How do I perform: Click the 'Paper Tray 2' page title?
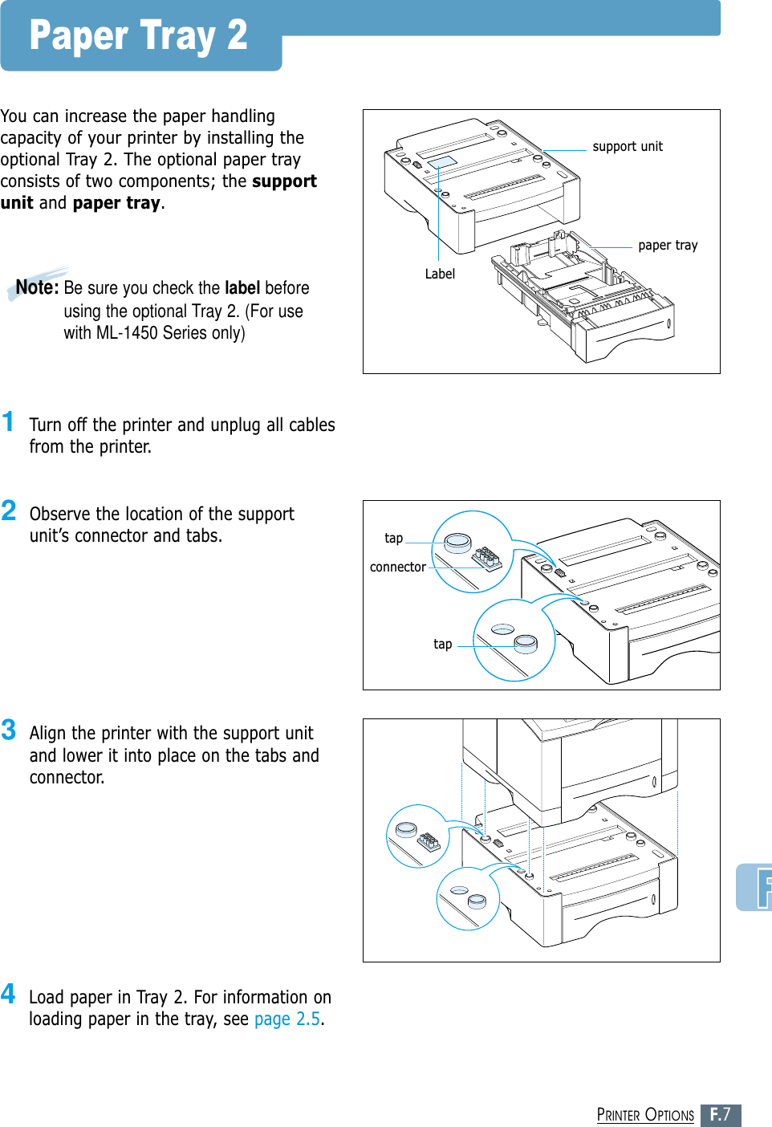(138, 36)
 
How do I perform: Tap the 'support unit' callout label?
(628, 146)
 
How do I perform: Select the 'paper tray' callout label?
(668, 245)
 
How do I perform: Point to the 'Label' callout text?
(440, 274)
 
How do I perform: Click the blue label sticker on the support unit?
(442, 163)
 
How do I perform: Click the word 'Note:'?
(37, 287)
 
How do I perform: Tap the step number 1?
(8, 421)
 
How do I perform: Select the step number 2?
(9, 511)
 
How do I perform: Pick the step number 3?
(9, 730)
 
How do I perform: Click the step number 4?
(8, 994)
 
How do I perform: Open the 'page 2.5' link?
(287, 1019)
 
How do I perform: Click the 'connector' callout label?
(397, 567)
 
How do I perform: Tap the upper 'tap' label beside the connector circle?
(393, 538)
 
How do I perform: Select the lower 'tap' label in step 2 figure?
(442, 644)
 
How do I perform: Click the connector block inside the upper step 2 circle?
(486, 556)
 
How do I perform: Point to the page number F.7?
(721, 1115)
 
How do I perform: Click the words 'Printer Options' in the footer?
(645, 1115)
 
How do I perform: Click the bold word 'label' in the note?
(242, 288)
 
